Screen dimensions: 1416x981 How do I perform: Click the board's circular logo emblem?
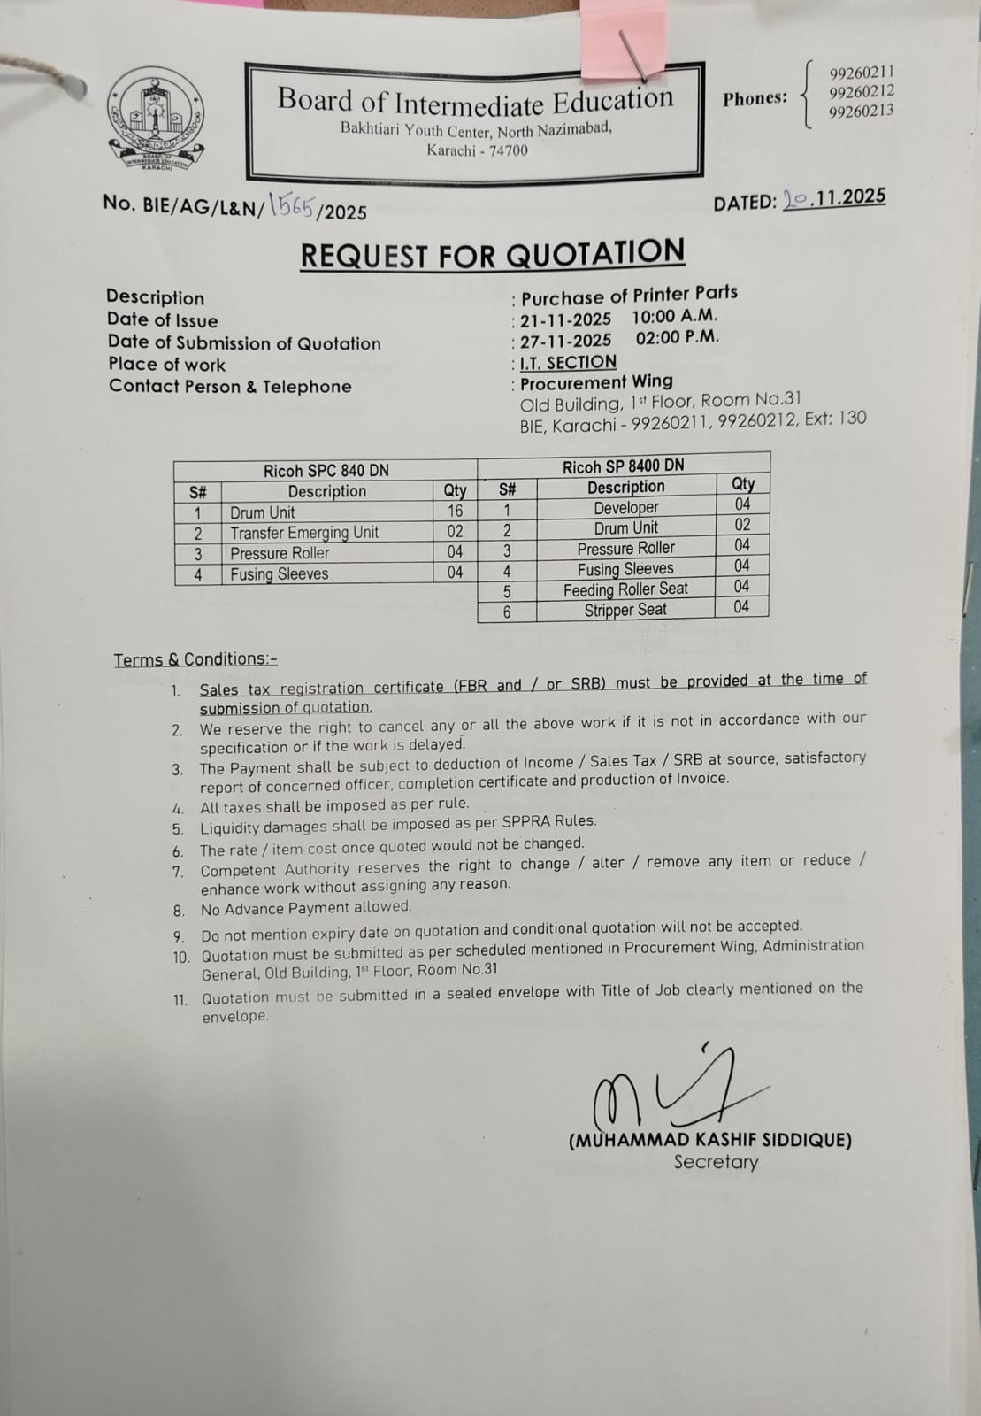157,121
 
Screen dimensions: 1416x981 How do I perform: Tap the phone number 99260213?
861,112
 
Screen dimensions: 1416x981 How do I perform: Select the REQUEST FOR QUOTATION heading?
492,254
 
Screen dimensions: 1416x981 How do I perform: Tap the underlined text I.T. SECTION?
568,362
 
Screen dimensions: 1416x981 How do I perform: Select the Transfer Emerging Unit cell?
304,532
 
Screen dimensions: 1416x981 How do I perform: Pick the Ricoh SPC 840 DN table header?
326,471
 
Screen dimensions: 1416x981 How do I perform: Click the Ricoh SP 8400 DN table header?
623,466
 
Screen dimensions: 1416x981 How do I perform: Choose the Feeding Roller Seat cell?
625,589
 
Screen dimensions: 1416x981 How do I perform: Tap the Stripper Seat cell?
625,610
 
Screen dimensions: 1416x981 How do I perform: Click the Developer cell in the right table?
625,507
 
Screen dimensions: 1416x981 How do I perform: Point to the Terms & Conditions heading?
195,659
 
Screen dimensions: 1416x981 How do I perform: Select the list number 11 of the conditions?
180,1000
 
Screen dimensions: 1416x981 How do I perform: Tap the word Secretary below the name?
716,1162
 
